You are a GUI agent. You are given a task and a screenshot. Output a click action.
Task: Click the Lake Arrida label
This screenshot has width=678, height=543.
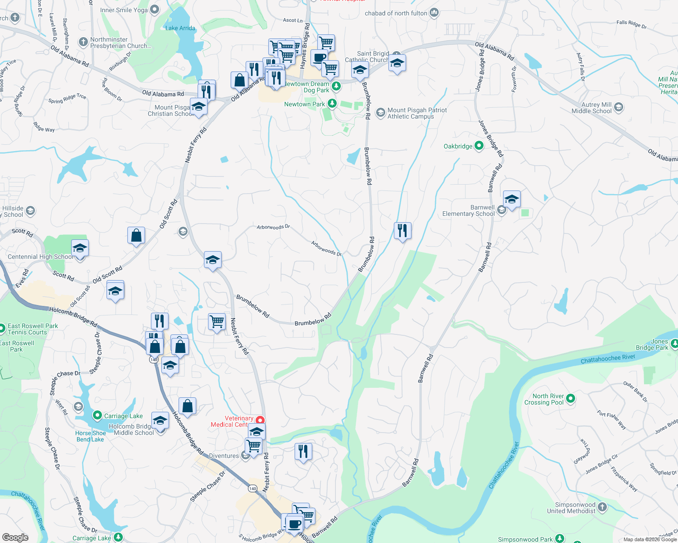coord(180,28)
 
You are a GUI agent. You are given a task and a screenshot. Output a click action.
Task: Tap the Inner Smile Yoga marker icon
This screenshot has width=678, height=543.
coord(155,10)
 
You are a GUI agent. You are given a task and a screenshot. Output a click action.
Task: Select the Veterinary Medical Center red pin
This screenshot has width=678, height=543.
coord(260,420)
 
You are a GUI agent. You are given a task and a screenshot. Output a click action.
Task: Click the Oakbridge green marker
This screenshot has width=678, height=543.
coord(479,146)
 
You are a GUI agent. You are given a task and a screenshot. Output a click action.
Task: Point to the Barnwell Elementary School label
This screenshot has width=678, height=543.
coord(469,210)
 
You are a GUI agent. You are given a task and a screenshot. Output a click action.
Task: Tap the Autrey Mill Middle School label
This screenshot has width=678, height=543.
coord(591,108)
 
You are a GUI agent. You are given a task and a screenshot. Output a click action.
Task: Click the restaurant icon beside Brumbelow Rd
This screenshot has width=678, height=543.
coord(402,231)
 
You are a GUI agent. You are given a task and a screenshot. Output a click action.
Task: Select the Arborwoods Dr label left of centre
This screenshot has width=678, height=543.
coord(273,227)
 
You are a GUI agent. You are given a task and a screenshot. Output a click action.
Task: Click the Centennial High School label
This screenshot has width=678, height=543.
coord(40,257)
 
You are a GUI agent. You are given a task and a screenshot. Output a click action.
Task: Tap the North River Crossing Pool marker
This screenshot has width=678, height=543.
coord(571,399)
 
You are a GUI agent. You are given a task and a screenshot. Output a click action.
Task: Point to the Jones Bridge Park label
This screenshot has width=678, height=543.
coord(652,344)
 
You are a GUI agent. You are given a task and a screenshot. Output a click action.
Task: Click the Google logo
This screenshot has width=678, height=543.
coord(15,537)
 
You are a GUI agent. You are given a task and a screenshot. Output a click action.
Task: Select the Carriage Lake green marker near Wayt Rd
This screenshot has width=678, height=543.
coord(97,415)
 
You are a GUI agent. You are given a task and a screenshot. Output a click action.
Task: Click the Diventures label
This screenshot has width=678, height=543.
coord(224,456)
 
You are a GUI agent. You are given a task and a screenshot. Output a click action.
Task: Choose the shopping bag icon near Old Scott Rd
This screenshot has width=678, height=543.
coord(136,236)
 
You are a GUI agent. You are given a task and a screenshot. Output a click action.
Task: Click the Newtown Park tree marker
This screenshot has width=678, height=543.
coord(332,104)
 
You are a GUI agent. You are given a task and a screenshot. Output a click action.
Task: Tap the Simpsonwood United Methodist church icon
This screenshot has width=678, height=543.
coord(602,507)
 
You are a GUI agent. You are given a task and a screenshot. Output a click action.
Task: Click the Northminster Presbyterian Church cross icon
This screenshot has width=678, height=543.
coord(83,42)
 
